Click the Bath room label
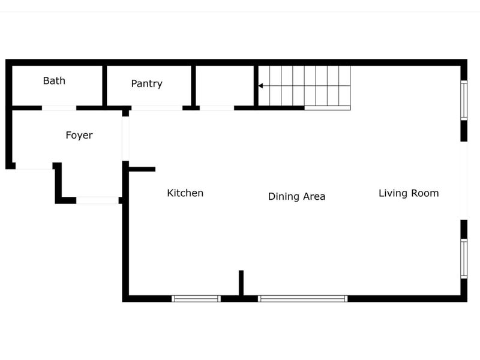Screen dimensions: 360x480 pos(54,80)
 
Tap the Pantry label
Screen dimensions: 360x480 pos(146,83)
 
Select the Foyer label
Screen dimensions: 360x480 pos(79,135)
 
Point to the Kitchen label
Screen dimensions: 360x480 pos(185,193)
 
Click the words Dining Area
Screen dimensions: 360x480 pos(296,196)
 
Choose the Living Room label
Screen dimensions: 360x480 pos(409,193)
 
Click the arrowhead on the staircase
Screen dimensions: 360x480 pos(260,86)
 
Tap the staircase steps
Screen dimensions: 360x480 pos(306,86)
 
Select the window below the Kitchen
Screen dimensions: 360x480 pos(196,298)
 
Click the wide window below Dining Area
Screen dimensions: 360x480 pos(303,298)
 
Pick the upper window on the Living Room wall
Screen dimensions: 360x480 pos(464,100)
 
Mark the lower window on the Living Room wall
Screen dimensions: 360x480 pos(464,259)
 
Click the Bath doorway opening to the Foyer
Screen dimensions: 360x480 pos(59,108)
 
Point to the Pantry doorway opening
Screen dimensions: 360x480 pos(157,108)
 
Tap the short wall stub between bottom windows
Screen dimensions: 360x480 pos(241,283)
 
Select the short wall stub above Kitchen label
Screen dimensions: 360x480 pos(142,169)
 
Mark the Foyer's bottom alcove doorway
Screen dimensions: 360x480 pos(97,200)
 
